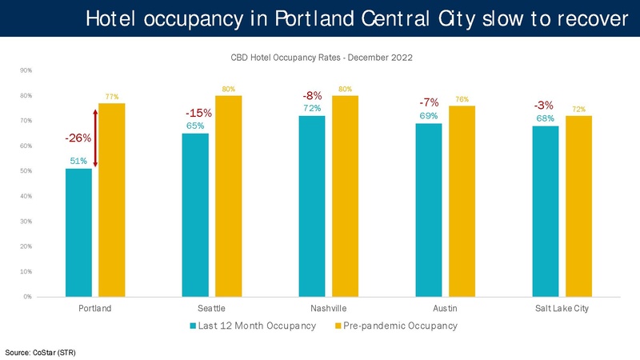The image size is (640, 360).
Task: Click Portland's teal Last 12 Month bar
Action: (79, 232)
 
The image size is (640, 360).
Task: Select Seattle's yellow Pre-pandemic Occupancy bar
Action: (228, 196)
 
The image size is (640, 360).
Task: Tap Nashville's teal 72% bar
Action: (312, 206)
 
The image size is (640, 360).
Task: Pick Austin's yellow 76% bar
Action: (462, 201)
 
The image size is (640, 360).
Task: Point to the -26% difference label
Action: (78, 138)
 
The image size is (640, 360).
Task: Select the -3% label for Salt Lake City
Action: (544, 106)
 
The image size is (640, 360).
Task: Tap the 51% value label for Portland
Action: (78, 161)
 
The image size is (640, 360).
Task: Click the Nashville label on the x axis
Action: (329, 308)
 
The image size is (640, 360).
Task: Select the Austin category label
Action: (446, 308)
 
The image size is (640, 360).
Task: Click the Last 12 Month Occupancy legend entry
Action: (253, 326)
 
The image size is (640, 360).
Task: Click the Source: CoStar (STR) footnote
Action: (41, 351)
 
